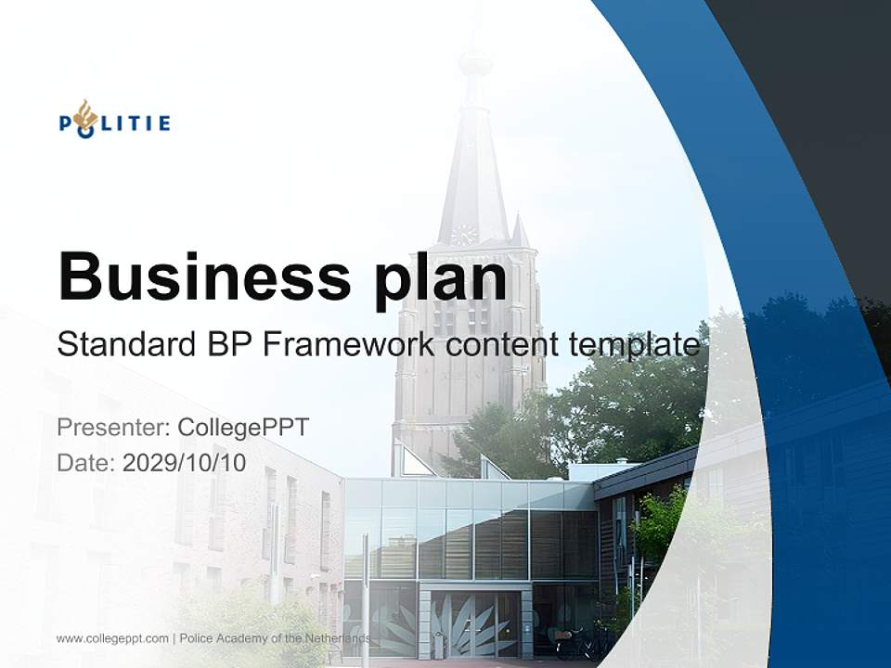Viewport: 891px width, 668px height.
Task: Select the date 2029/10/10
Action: [x=185, y=463]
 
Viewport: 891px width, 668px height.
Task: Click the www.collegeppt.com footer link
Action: [x=112, y=638]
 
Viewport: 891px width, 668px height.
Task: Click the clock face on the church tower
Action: [x=463, y=234]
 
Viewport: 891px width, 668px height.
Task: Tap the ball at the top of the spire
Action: [x=475, y=63]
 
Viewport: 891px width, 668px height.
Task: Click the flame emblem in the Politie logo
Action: [x=86, y=116]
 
